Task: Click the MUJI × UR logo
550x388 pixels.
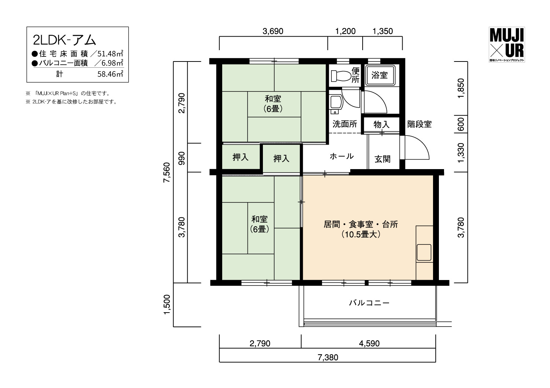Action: click(507, 45)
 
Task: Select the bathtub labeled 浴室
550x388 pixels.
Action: click(380, 75)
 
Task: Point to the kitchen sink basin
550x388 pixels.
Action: click(424, 252)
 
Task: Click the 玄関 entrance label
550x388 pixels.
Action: click(382, 159)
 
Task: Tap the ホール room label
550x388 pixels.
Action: click(341, 156)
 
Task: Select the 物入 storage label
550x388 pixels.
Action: click(381, 124)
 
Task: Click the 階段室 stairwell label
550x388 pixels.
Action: click(419, 124)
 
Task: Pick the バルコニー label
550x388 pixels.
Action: click(369, 303)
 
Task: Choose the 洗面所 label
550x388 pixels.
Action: click(345, 124)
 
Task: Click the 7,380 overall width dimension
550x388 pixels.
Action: click(328, 358)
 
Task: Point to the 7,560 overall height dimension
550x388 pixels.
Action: click(167, 172)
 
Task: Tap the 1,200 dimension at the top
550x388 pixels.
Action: click(345, 31)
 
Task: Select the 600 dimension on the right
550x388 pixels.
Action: click(461, 124)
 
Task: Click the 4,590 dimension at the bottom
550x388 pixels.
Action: click(369, 343)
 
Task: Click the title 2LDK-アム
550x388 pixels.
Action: click(64, 40)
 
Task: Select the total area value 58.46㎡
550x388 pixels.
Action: click(110, 74)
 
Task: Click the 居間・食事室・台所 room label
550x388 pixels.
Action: click(361, 224)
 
